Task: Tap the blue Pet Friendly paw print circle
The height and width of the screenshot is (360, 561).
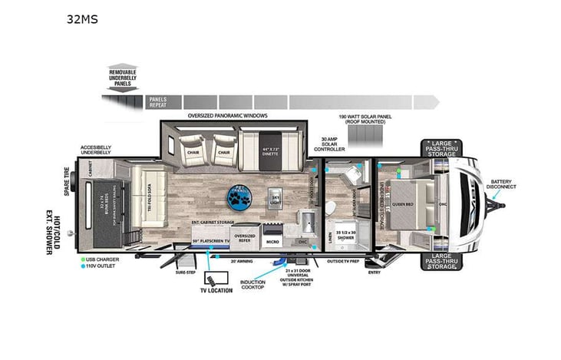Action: [239, 197]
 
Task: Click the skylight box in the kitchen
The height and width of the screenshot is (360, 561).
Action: [276, 199]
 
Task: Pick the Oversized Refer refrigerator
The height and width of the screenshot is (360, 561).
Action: [245, 237]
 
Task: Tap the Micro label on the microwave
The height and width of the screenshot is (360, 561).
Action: [272, 240]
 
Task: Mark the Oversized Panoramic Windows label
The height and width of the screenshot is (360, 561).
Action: [227, 115]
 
